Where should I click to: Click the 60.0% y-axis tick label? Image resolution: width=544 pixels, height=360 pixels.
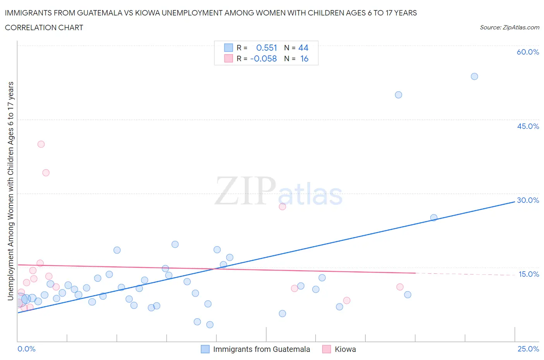[528, 52]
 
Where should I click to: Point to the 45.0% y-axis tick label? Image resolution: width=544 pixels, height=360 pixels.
[528, 126]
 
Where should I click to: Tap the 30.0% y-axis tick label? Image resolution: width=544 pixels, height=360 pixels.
[528, 200]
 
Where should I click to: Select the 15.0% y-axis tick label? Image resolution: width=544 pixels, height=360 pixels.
[529, 274]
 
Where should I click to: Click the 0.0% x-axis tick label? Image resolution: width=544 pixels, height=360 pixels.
[26, 349]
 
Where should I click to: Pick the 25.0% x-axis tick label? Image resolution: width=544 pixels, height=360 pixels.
[528, 349]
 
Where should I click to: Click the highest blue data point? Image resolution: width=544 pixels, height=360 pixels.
[474, 76]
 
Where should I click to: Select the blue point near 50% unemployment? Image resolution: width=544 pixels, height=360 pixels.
[399, 95]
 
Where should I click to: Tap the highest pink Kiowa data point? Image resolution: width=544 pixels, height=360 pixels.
[41, 144]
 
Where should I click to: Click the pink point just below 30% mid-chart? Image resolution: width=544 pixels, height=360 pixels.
[282, 207]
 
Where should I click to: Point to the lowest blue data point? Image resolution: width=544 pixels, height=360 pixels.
[210, 325]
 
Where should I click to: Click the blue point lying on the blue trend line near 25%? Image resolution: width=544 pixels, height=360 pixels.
[434, 218]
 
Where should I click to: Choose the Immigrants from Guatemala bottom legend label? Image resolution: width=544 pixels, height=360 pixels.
[262, 349]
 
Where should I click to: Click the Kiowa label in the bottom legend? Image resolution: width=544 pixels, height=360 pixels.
[345, 349]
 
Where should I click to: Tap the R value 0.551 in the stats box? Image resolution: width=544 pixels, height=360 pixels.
[267, 48]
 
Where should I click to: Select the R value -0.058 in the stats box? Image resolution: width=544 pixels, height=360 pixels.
[263, 58]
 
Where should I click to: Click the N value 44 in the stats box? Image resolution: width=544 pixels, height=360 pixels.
[303, 48]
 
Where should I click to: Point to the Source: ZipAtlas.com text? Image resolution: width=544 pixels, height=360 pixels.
[509, 27]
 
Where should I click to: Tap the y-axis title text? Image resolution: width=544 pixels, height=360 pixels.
[10, 191]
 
